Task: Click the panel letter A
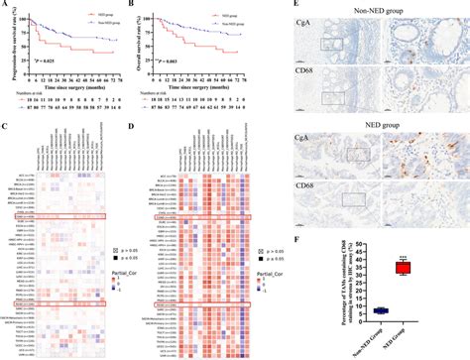(5, 6)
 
